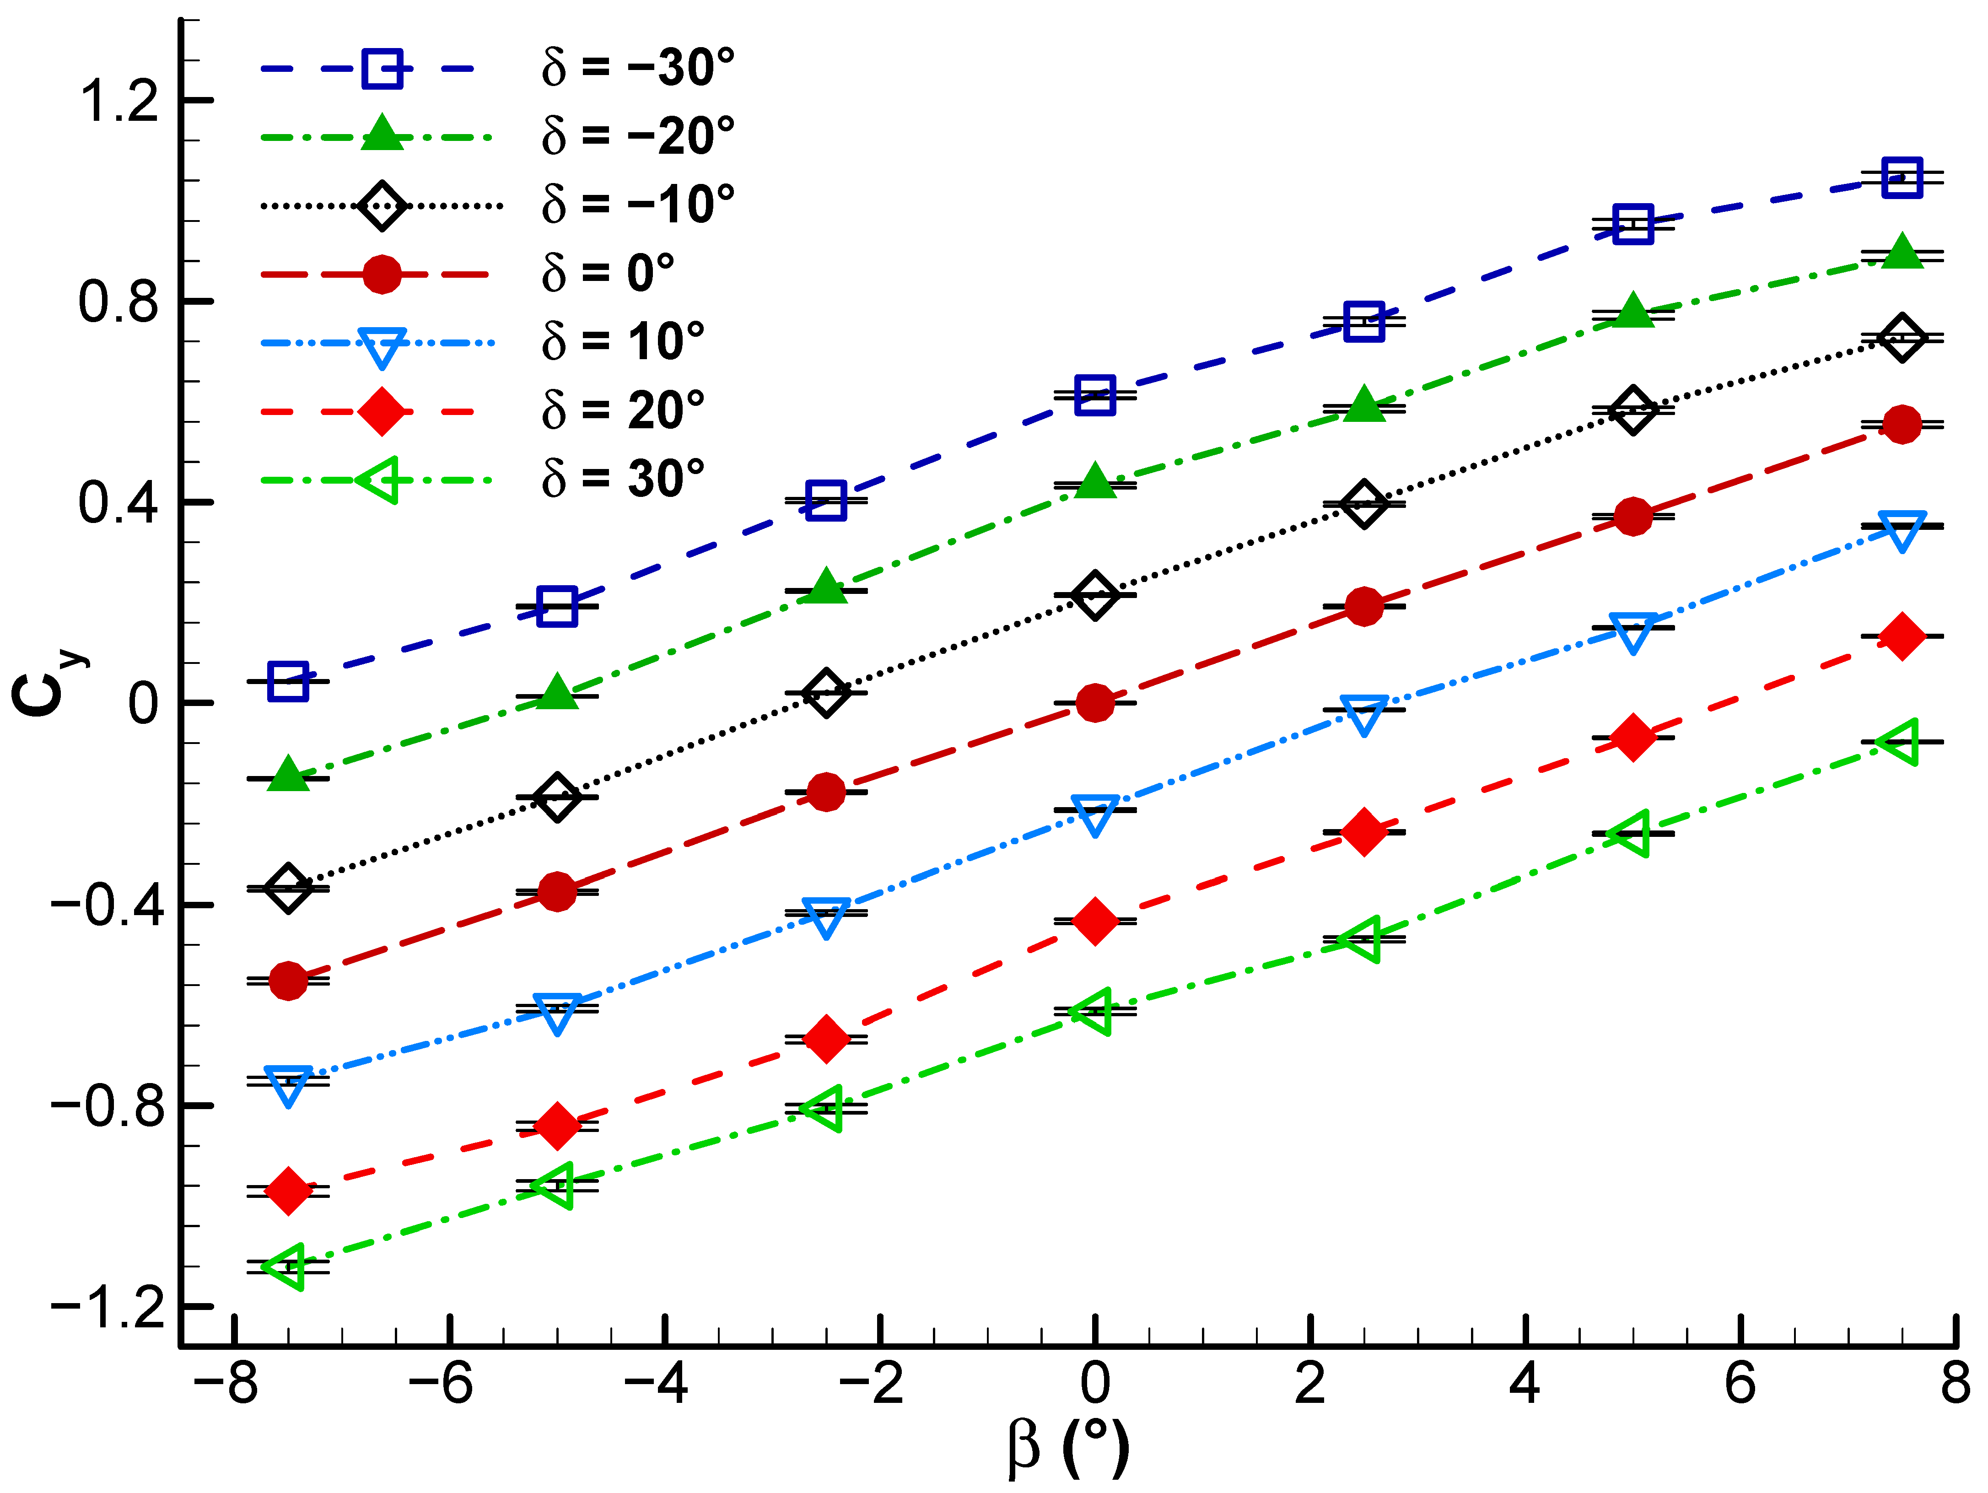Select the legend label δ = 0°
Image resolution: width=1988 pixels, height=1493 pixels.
click(608, 272)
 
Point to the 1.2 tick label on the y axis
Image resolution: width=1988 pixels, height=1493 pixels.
click(119, 100)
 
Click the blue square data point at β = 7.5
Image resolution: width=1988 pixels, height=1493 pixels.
click(1902, 177)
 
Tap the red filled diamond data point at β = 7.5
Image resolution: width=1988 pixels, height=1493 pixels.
click(1902, 636)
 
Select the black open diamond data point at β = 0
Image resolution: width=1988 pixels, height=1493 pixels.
click(1094, 595)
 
